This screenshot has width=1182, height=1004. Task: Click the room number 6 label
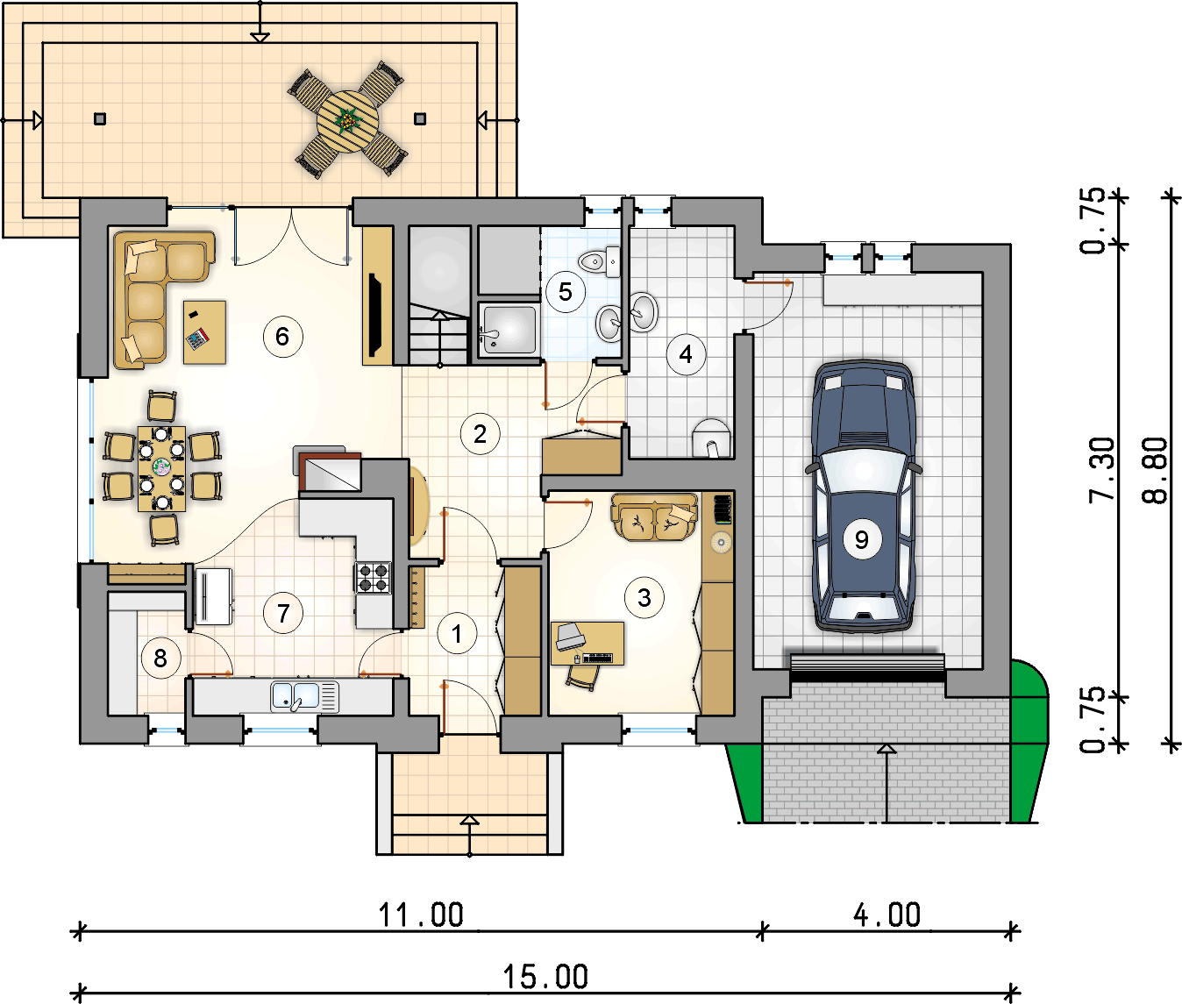point(282,337)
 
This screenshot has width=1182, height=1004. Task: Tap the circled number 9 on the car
point(861,539)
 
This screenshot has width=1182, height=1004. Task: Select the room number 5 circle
point(565,292)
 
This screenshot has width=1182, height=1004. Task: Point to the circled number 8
point(160,659)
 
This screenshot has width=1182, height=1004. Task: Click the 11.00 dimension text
point(421,915)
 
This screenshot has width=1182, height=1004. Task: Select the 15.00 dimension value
point(545,976)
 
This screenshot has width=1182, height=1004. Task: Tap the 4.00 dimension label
point(886,915)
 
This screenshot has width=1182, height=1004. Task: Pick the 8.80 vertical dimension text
point(1155,470)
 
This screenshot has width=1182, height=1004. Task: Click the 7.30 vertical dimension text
point(1102,470)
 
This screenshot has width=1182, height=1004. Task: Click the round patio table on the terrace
point(348,121)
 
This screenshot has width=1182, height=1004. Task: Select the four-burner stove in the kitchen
point(373,578)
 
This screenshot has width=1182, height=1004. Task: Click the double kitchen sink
point(305,696)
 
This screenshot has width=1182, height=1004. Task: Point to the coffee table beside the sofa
point(204,332)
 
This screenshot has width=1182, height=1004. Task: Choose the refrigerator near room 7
point(213,596)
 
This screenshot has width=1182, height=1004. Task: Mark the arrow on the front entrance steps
point(469,836)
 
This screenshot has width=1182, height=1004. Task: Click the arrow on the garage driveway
point(886,783)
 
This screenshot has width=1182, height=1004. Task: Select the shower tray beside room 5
point(509,330)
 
